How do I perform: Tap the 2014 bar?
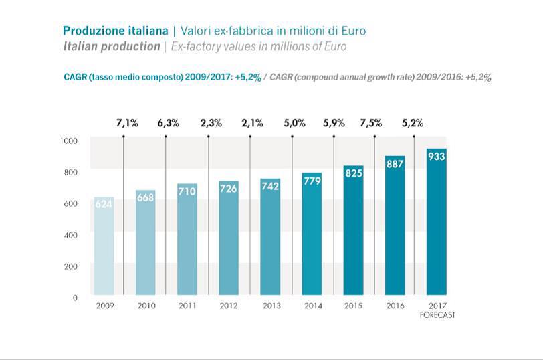click(312, 234)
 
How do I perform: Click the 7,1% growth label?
click(127, 123)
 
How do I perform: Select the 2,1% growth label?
click(253, 123)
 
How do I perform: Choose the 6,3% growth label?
click(169, 123)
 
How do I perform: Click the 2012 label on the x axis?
click(229, 306)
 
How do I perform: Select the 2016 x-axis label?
click(395, 306)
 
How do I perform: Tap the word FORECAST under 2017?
click(437, 314)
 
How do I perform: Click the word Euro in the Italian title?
click(352, 31)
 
